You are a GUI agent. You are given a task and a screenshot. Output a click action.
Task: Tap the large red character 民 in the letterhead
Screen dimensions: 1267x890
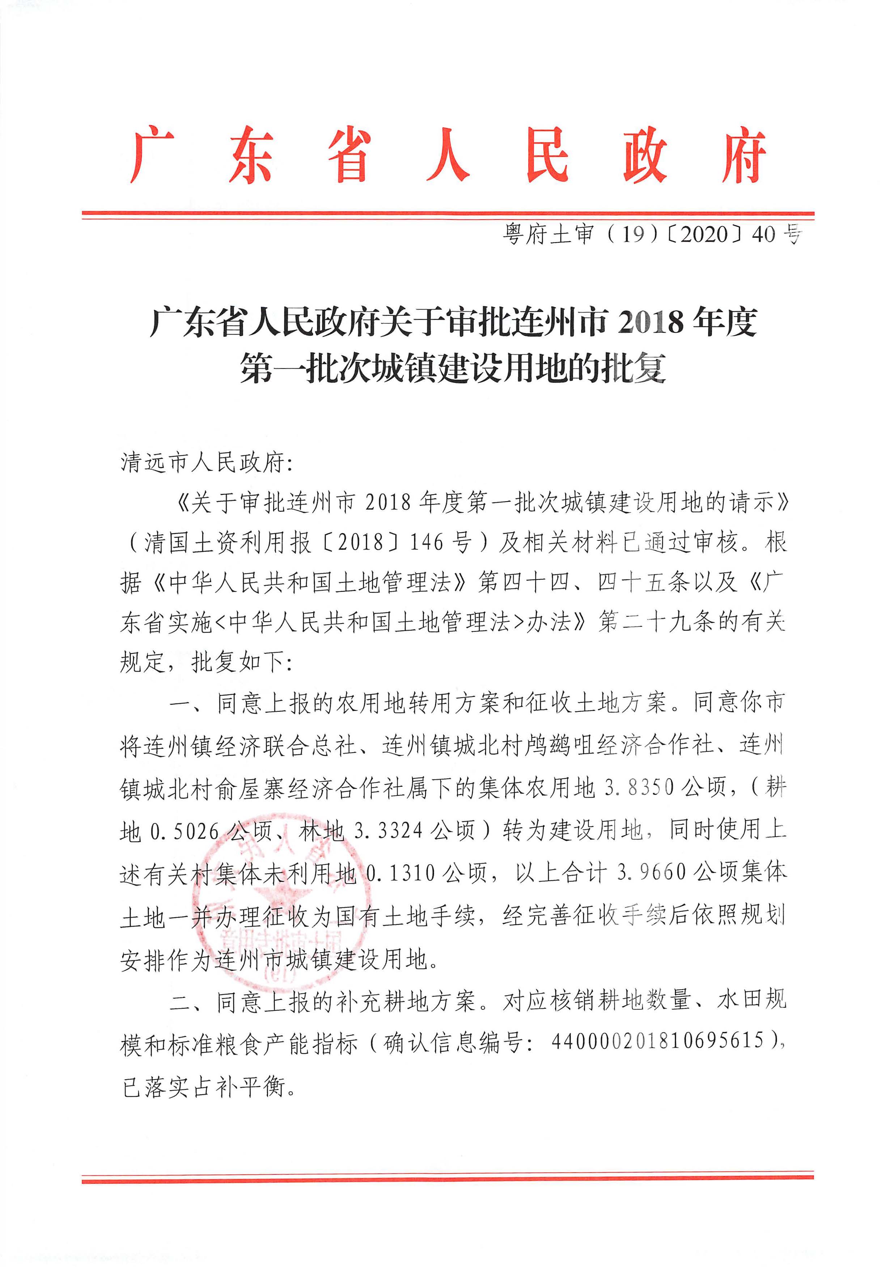(x=547, y=156)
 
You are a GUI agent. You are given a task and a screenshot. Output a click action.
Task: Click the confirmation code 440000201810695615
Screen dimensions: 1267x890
(x=657, y=1041)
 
